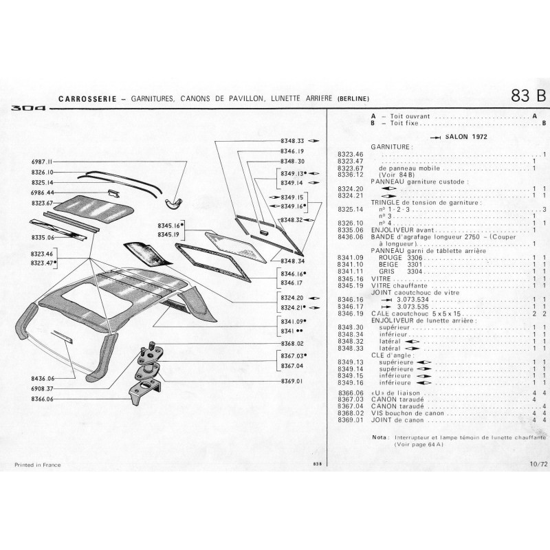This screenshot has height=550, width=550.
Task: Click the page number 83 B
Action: pyautogui.click(x=528, y=96)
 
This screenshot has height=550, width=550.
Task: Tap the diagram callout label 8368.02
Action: pyautogui.click(x=292, y=343)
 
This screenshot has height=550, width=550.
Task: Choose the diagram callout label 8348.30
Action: pyautogui.click(x=292, y=161)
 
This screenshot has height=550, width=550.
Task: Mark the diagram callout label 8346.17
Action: pyautogui.click(x=292, y=283)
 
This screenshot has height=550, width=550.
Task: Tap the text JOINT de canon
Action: pyautogui.click(x=396, y=419)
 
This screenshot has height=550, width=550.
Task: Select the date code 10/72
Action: pyautogui.click(x=538, y=465)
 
